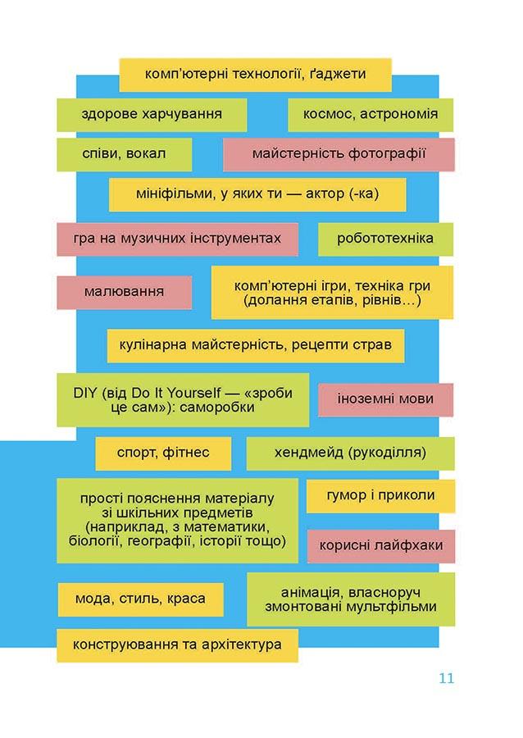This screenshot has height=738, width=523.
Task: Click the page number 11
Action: coord(446,678)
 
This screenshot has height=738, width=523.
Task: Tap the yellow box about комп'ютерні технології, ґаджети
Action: coord(255,75)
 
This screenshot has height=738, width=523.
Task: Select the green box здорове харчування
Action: coord(152,114)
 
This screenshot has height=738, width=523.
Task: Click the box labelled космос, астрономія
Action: coord(371,114)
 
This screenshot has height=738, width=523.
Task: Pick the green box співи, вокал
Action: coord(124,154)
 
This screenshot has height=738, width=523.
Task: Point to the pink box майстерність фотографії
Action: coord(339,154)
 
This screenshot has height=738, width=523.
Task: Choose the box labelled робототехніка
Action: coord(385,239)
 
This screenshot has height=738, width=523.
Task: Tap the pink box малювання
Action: coord(124,292)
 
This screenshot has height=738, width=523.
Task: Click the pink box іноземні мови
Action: coord(385,399)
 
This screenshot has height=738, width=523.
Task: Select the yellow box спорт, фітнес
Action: coord(163,453)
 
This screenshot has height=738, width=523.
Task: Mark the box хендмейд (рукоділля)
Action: coord(350,453)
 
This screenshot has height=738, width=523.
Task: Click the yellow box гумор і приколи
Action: coord(380,496)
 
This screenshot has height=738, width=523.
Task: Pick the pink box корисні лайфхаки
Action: coord(381,546)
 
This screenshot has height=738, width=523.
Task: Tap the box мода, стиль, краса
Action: coord(140,599)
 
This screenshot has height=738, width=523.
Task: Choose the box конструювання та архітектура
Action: coord(177,645)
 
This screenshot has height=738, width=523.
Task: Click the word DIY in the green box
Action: coord(85,393)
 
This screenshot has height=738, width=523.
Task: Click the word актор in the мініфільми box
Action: coord(325,194)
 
